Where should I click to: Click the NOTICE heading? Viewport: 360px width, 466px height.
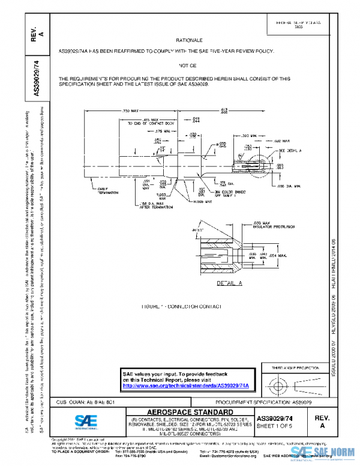click(x=187, y=64)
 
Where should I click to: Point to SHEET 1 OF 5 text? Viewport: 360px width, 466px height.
click(x=274, y=426)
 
